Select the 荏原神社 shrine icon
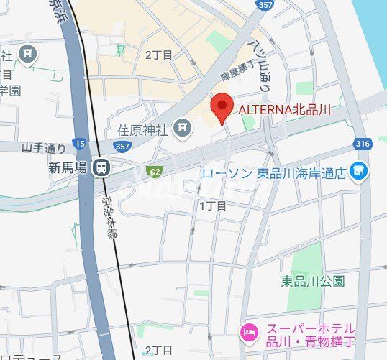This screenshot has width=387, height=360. tap(183, 129)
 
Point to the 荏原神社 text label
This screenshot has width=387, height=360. tap(142, 130)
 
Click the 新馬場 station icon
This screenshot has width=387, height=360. tap(104, 167)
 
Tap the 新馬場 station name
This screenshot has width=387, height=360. tap(68, 167)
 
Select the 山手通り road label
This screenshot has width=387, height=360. tap(44, 147)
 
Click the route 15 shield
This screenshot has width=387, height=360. tap(78, 144)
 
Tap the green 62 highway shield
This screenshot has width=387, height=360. tap(153, 171)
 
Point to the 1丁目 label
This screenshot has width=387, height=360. tap(212, 206)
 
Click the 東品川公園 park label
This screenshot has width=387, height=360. tap(312, 280)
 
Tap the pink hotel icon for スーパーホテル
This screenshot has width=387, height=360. tap(247, 332)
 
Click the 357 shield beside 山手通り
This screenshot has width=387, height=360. tap(122, 147)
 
